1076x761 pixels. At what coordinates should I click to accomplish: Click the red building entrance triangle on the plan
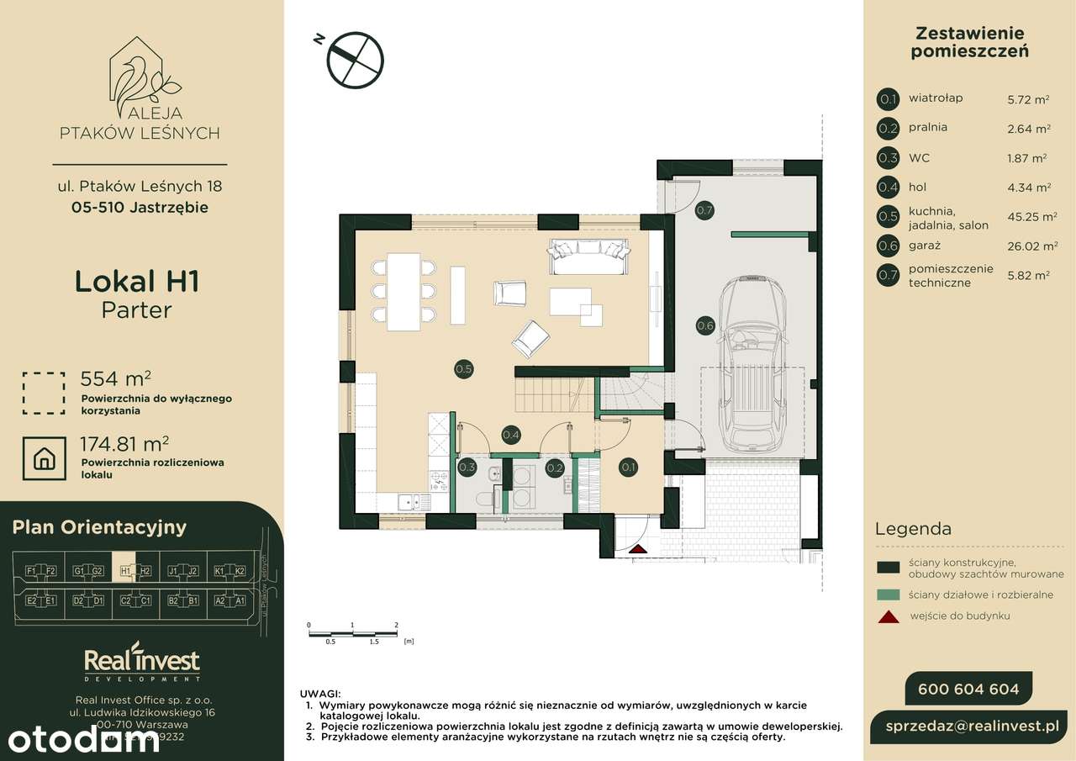pos(638,549)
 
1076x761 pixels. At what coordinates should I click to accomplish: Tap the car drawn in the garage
pos(754,362)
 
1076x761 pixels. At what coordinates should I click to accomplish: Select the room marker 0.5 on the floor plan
pos(463,367)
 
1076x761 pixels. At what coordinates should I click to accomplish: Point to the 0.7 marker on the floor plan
pos(704,210)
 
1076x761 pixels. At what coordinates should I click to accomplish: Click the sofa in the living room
pos(588,257)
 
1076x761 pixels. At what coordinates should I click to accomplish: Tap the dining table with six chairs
pos(403,290)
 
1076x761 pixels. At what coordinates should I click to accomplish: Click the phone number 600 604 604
pos(968,690)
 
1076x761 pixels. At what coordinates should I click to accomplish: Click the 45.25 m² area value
pos(1031,217)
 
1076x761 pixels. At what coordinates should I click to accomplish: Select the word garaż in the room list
pos(924,246)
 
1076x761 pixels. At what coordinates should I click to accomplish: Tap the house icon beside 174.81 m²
pos(44,458)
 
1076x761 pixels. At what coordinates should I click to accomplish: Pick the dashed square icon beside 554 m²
pos(44,394)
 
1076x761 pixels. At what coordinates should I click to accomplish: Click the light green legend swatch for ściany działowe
pos(888,595)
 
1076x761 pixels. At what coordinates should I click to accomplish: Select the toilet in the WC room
pos(484,499)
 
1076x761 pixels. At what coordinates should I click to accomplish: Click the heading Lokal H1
pos(137,282)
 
